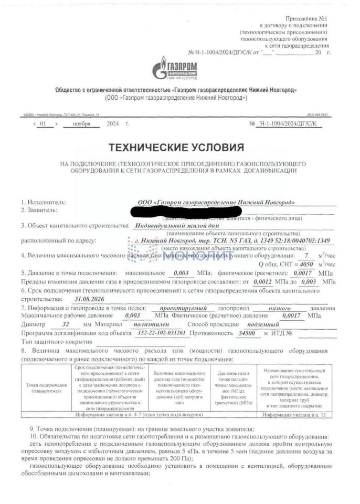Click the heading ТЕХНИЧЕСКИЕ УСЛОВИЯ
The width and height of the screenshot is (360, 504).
click(x=176, y=147)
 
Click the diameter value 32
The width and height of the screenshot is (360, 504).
click(x=65, y=324)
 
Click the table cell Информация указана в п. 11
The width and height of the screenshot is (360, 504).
click(x=294, y=415)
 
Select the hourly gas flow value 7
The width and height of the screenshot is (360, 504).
click(x=306, y=256)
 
